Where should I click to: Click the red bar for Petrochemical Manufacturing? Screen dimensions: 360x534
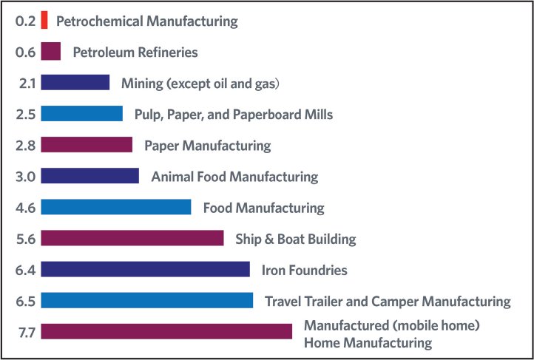[44, 21]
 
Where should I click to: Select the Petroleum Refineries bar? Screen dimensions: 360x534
[50, 52]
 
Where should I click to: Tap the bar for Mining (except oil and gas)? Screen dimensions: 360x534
[75, 83]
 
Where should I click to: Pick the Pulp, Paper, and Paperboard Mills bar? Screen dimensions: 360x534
[81, 114]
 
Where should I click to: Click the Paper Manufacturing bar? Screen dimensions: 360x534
[87, 145]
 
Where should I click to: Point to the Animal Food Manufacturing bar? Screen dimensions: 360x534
[89, 176]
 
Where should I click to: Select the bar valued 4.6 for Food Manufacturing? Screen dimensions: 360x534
[115, 207]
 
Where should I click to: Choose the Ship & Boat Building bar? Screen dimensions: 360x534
[132, 238]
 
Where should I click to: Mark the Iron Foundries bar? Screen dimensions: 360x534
[145, 270]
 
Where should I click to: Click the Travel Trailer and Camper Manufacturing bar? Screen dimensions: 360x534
[146, 301]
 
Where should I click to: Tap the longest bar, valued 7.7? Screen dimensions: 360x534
[166, 332]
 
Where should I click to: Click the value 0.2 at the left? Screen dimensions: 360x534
[25, 21]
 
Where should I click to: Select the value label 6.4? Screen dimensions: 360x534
[26, 270]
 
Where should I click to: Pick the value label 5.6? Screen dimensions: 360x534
[26, 238]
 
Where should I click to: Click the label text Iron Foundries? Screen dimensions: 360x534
[304, 271]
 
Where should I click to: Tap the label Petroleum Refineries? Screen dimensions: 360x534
[135, 52]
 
